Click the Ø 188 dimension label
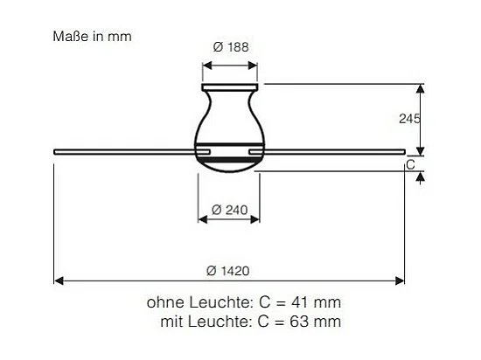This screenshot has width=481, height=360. pos(231,48)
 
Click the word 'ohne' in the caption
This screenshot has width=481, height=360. pos(164,302)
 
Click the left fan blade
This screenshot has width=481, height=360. pos(122,152)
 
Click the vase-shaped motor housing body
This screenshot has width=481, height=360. pos(231,118)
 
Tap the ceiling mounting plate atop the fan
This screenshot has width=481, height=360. pos(231,86)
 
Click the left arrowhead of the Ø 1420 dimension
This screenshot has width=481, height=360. pos(58,280)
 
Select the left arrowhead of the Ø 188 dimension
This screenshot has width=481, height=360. pos(206,64)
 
